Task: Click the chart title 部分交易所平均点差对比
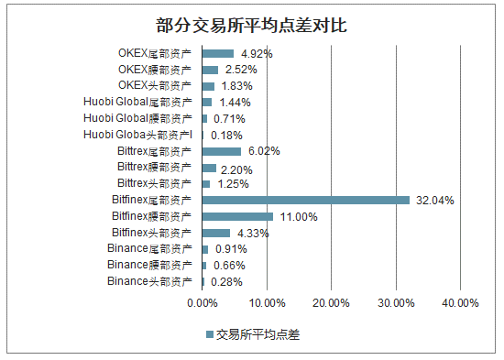point(251,25)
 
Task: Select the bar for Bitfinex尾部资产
point(305,200)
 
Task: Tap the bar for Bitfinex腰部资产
point(237,216)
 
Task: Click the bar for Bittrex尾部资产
point(221,151)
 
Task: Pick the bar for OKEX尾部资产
point(217,53)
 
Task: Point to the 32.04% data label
point(435,200)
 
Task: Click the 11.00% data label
point(299,216)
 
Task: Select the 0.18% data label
point(226,135)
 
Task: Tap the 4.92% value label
point(256,53)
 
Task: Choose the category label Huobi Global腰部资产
point(137,118)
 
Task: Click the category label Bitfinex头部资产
point(152,233)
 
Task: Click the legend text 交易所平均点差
point(258,335)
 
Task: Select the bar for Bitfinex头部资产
point(216,233)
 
